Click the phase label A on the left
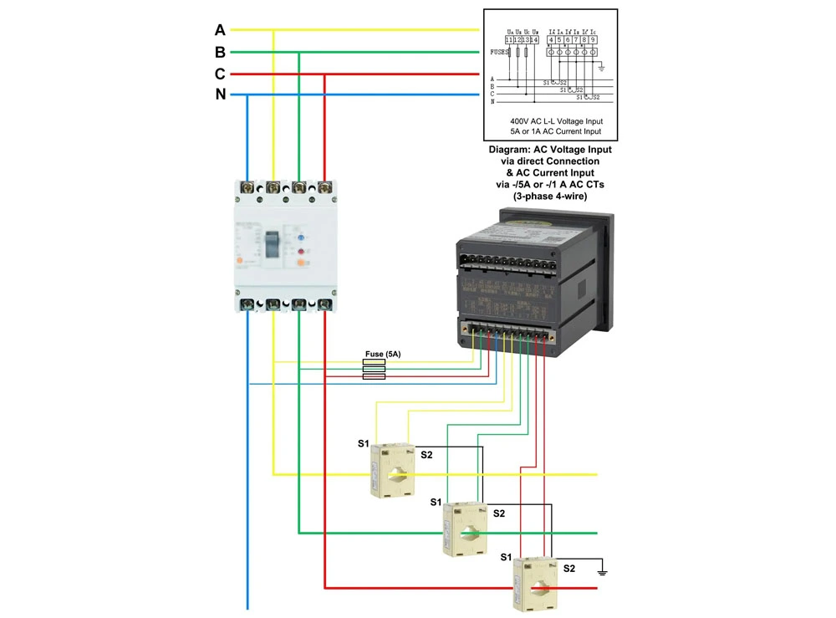click(220, 30)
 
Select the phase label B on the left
click(220, 52)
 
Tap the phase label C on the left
click(220, 74)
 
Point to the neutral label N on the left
click(221, 94)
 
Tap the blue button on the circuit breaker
click(300, 237)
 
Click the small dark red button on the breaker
click(300, 251)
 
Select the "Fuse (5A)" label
click(383, 355)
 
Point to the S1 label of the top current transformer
click(363, 444)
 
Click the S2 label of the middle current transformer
click(499, 513)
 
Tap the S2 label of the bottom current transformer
click(569, 569)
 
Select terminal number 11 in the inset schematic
click(508, 39)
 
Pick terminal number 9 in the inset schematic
click(593, 39)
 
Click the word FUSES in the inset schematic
click(500, 52)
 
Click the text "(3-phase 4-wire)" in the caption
click(550, 197)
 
